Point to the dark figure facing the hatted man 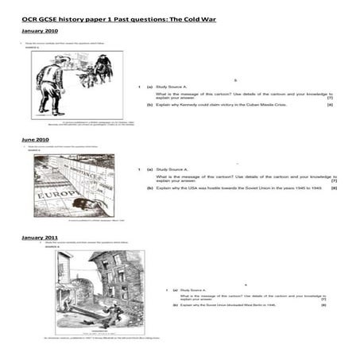point(103,72)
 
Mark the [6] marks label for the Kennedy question point(330,105)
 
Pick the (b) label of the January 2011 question point(172,304)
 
